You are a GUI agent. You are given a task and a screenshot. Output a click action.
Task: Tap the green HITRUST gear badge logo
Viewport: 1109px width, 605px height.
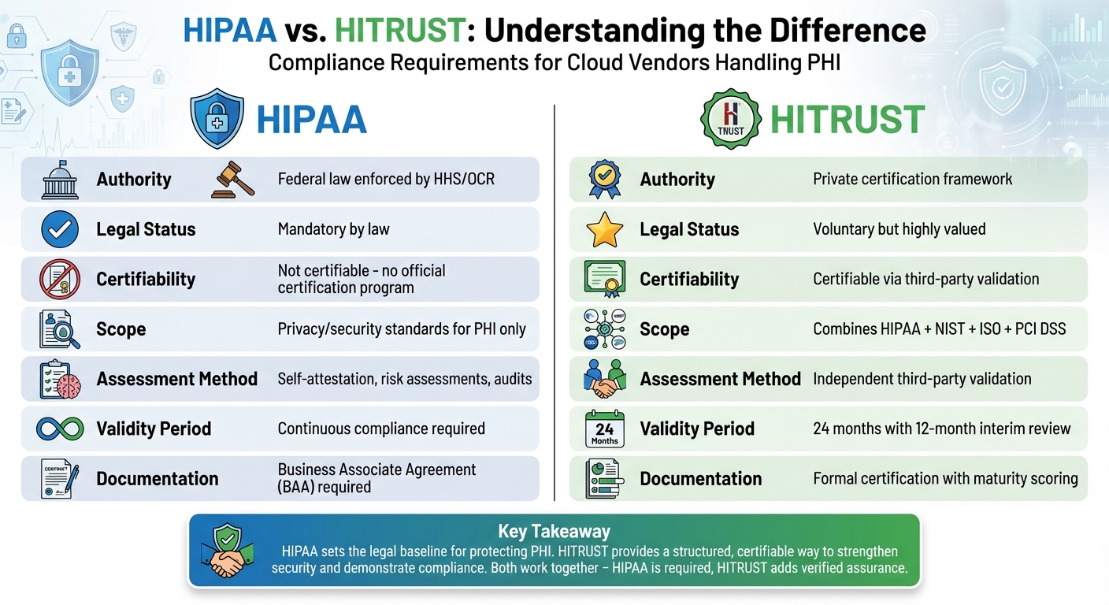pos(730,118)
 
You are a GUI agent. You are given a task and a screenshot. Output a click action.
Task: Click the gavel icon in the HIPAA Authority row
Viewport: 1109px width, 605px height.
pos(234,179)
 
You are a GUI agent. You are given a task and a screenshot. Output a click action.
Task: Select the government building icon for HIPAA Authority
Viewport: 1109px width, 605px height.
pos(60,180)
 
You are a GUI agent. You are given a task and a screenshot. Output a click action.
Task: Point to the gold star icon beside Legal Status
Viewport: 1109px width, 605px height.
pos(605,229)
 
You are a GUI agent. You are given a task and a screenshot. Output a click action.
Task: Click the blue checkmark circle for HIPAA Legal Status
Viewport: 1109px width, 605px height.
pos(60,229)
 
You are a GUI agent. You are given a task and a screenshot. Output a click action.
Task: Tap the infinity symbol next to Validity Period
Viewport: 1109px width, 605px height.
pos(60,429)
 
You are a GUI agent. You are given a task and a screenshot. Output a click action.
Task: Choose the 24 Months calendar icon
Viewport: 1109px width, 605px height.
pos(605,429)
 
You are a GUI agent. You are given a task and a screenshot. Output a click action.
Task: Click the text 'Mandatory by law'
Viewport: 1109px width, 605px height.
pos(334,229)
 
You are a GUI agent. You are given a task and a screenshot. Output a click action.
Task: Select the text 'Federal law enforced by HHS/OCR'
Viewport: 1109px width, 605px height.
pos(386,179)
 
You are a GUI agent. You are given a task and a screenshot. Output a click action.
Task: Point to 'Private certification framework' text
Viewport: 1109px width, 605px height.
pos(913,179)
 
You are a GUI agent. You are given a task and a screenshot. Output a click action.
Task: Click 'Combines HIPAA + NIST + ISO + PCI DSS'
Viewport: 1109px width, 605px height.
pos(940,328)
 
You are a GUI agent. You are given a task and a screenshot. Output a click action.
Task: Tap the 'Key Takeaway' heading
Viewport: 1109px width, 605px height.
pos(554,532)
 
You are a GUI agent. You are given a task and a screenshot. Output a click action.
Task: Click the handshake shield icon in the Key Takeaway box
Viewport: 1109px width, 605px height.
pos(228,551)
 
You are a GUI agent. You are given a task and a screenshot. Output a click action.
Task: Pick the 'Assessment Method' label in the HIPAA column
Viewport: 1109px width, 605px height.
pos(177,379)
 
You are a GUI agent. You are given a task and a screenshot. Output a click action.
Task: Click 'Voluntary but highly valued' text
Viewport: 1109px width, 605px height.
pos(899,229)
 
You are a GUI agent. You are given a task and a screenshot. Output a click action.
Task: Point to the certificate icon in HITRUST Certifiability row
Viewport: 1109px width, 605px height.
pos(605,279)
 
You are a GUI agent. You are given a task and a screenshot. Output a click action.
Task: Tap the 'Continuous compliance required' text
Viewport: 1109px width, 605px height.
pos(381,429)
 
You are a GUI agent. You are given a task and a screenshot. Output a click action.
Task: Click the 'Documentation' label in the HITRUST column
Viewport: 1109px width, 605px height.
pos(701,478)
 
